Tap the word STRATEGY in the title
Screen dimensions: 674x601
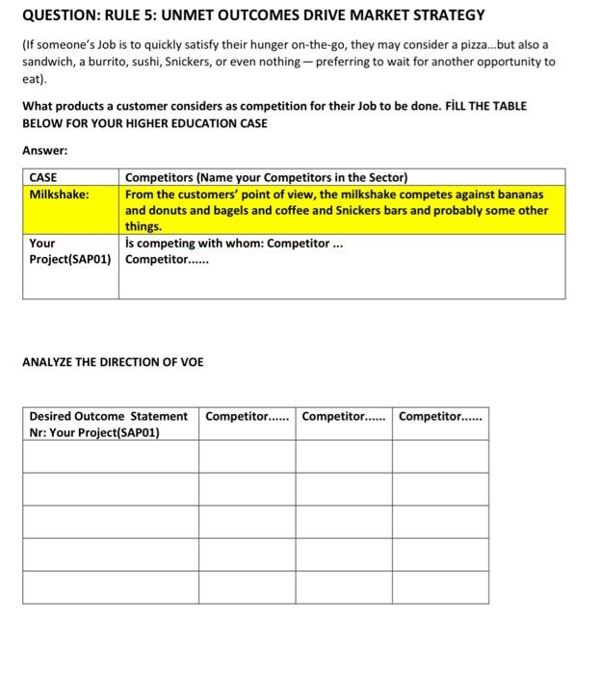point(445,15)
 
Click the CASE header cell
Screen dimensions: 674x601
point(43,177)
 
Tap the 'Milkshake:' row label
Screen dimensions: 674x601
point(60,194)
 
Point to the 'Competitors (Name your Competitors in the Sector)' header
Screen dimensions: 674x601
point(267,177)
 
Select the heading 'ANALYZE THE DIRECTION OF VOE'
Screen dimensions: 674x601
point(114,362)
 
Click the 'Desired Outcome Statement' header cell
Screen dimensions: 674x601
point(108,416)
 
